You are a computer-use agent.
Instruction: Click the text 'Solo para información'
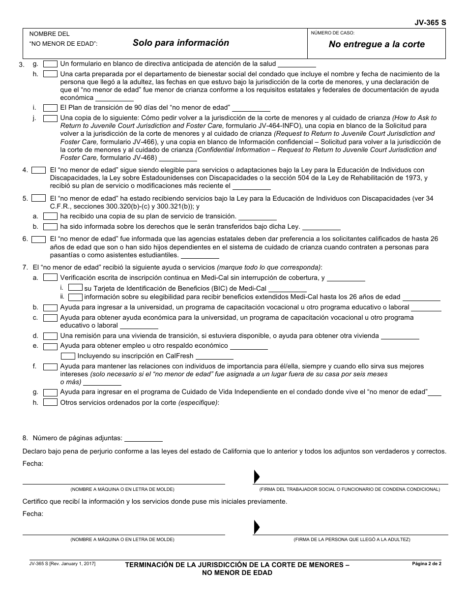click(180, 43)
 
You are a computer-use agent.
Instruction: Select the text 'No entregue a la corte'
click(377, 44)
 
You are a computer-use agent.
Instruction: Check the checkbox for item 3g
click(50, 63)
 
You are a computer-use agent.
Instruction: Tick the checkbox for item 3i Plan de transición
click(50, 108)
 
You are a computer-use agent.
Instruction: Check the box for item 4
click(38, 170)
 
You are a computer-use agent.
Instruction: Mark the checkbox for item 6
click(38, 239)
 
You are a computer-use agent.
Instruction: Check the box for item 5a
click(50, 216)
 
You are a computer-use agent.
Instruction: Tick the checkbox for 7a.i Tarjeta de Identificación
click(75, 288)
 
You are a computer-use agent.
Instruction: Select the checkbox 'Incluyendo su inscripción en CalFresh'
click(68, 356)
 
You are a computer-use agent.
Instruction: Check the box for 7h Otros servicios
click(50, 402)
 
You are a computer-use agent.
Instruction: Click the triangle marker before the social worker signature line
click(256, 477)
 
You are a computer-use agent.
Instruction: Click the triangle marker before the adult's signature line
click(256, 527)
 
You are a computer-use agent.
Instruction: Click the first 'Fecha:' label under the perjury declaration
click(33, 463)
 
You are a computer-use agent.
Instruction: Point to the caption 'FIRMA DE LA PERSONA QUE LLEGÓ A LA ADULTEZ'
click(351, 540)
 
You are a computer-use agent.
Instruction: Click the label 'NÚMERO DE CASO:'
click(333, 33)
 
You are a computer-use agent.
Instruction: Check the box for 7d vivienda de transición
click(50, 336)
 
